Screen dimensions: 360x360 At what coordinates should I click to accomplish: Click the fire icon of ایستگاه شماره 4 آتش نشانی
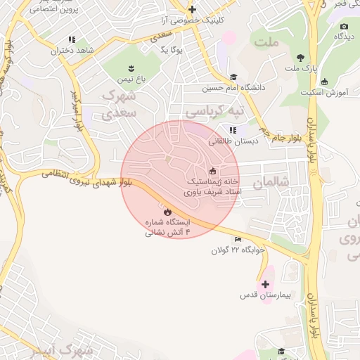[x=167, y=211]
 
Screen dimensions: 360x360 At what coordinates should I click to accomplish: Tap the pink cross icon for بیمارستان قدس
[x=265, y=285]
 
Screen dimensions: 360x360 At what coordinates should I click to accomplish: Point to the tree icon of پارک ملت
[x=301, y=58]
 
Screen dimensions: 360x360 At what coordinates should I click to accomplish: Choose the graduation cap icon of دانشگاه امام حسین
[x=233, y=77]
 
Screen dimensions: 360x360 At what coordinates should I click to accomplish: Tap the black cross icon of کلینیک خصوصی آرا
[x=192, y=9]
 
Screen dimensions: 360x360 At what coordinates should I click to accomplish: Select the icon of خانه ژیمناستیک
[x=212, y=171]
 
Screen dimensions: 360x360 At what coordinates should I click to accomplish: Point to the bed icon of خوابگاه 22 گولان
[x=237, y=240]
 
